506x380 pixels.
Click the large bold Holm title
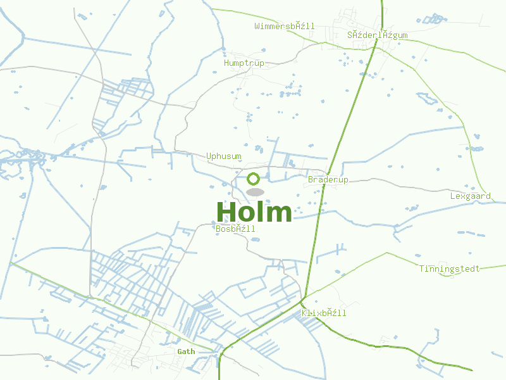254,212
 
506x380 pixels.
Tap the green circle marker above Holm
254,179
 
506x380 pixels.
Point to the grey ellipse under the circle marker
255,192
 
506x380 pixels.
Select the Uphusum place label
224,156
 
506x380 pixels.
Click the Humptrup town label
244,63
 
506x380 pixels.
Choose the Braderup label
328,180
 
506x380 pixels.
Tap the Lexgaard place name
471,196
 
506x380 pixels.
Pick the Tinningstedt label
450,269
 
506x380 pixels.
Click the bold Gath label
186,351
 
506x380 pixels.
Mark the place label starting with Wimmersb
285,26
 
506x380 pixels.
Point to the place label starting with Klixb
324,313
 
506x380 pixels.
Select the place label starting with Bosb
236,229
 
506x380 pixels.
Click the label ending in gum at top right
378,35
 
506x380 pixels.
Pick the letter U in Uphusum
209,156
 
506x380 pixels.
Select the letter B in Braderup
311,180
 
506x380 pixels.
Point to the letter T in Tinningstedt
421,269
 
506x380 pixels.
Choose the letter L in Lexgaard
453,196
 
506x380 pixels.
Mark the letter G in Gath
180,351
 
